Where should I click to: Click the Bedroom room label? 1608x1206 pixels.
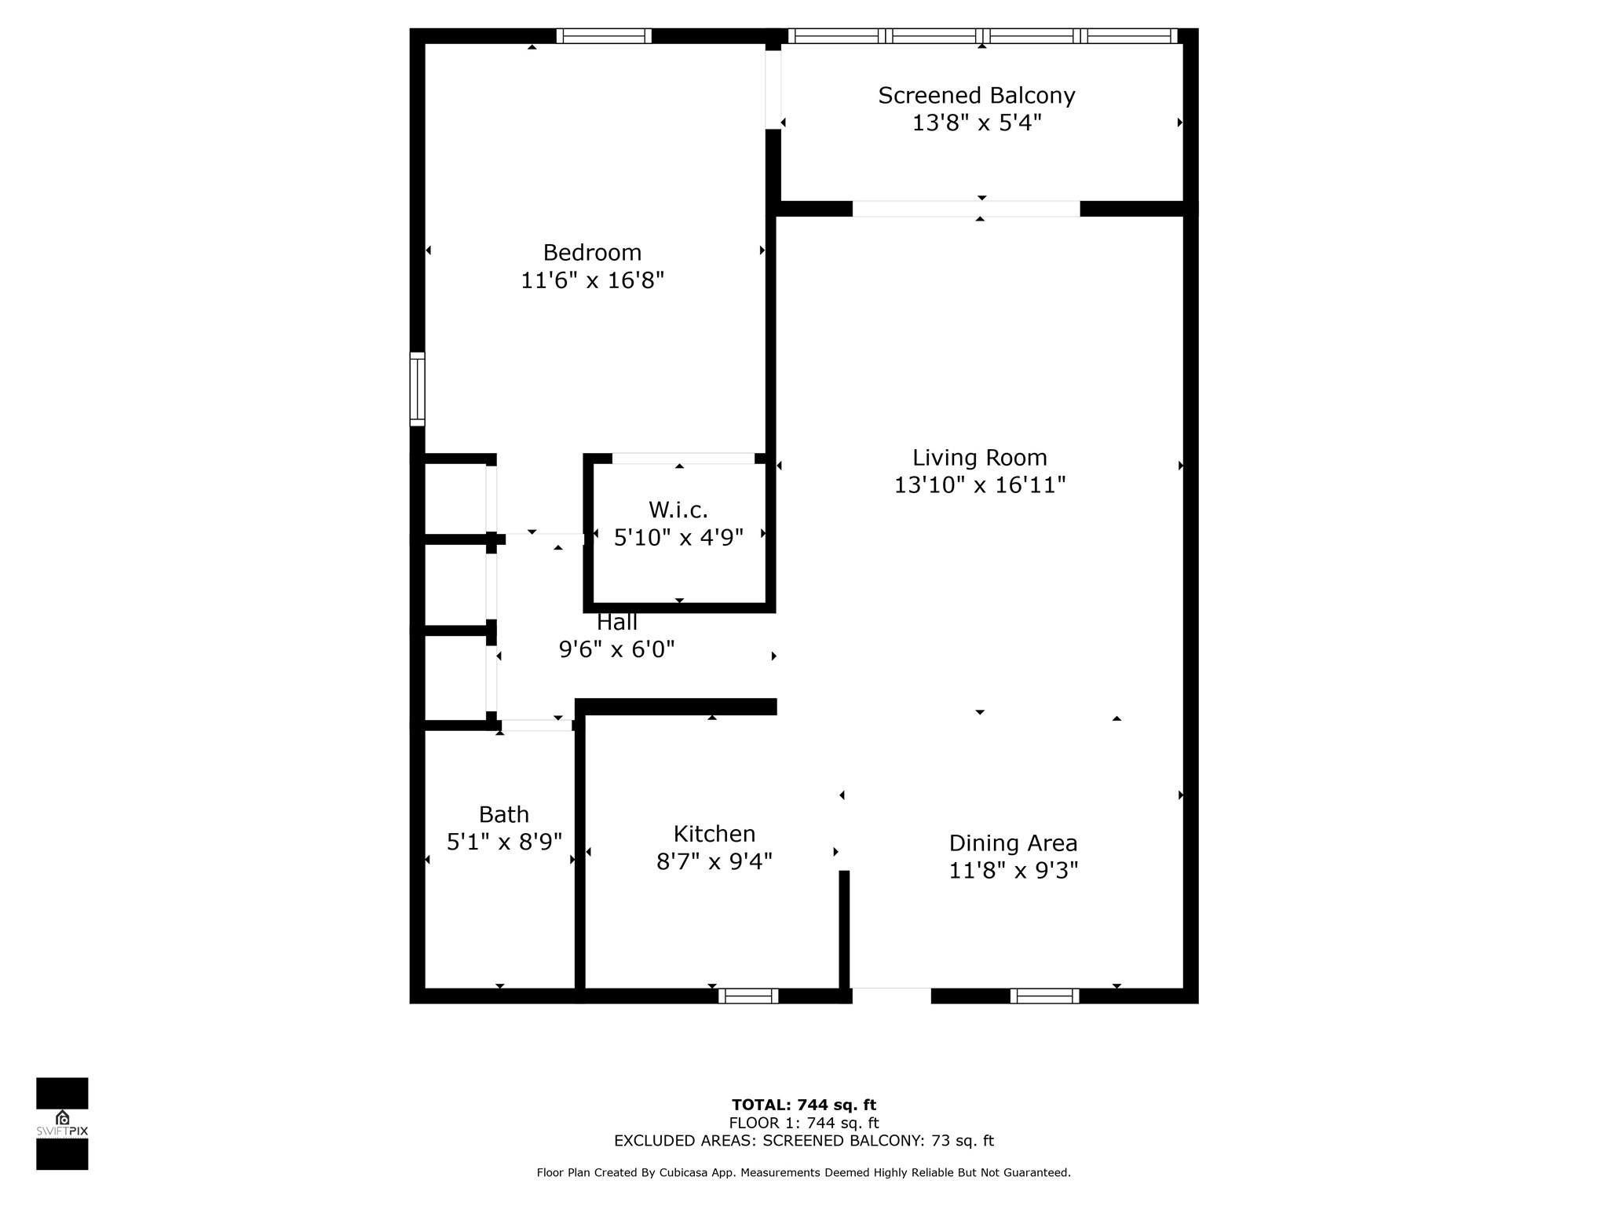(x=592, y=252)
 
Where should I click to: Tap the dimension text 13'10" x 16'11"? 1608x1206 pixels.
(x=979, y=485)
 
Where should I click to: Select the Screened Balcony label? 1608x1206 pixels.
(x=976, y=95)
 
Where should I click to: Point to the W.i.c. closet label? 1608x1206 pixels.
(x=678, y=510)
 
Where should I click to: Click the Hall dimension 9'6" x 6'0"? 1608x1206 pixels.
(x=616, y=649)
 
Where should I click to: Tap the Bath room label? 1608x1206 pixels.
(x=503, y=813)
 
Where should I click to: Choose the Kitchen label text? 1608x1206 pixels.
(x=714, y=833)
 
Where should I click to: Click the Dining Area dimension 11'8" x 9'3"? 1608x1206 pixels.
(x=1013, y=870)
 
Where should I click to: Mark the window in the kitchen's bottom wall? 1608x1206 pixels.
(x=748, y=996)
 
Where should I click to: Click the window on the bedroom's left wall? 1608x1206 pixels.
(x=418, y=389)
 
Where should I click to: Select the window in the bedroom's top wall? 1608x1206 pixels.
(x=604, y=35)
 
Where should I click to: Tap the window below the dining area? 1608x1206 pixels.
(x=1044, y=996)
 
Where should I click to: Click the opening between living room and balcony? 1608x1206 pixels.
(x=966, y=209)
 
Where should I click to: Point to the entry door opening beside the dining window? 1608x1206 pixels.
(x=891, y=996)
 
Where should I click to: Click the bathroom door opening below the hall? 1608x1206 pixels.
(x=537, y=725)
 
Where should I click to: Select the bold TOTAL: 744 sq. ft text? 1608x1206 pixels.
(x=803, y=1105)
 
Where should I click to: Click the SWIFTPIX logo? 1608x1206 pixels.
(x=62, y=1124)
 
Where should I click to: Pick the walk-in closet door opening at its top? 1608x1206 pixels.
(x=682, y=458)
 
